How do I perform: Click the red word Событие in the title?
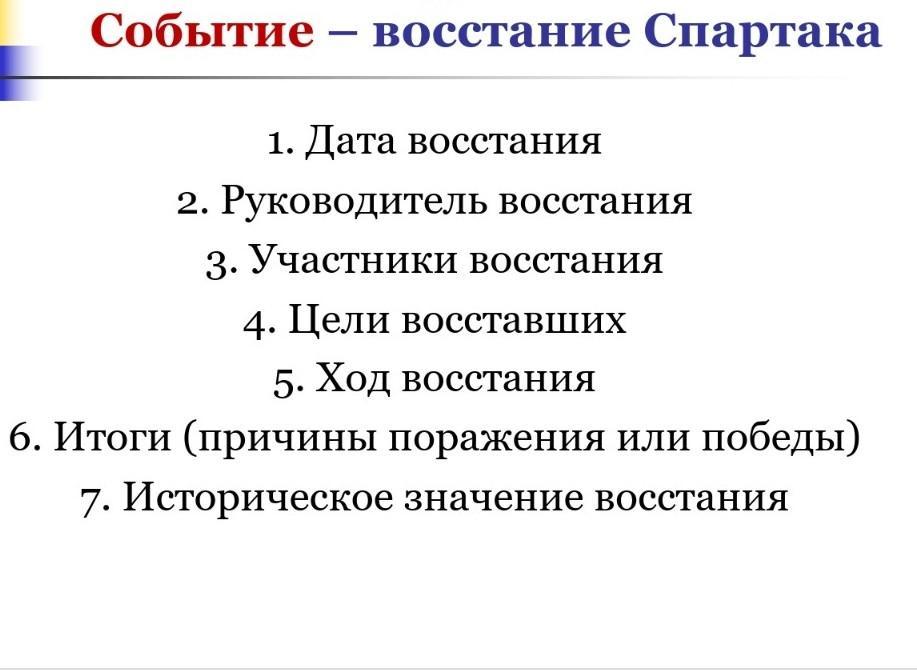pos(202,30)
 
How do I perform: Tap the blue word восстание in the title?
pos(502,32)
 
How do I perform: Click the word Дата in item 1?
pos(350,141)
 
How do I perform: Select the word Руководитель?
pos(353,202)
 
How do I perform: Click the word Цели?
pos(339,321)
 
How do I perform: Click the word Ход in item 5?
pos(353,378)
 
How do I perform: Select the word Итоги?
pos(112,437)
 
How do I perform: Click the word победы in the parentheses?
pos(774,437)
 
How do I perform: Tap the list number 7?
pos(95,501)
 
